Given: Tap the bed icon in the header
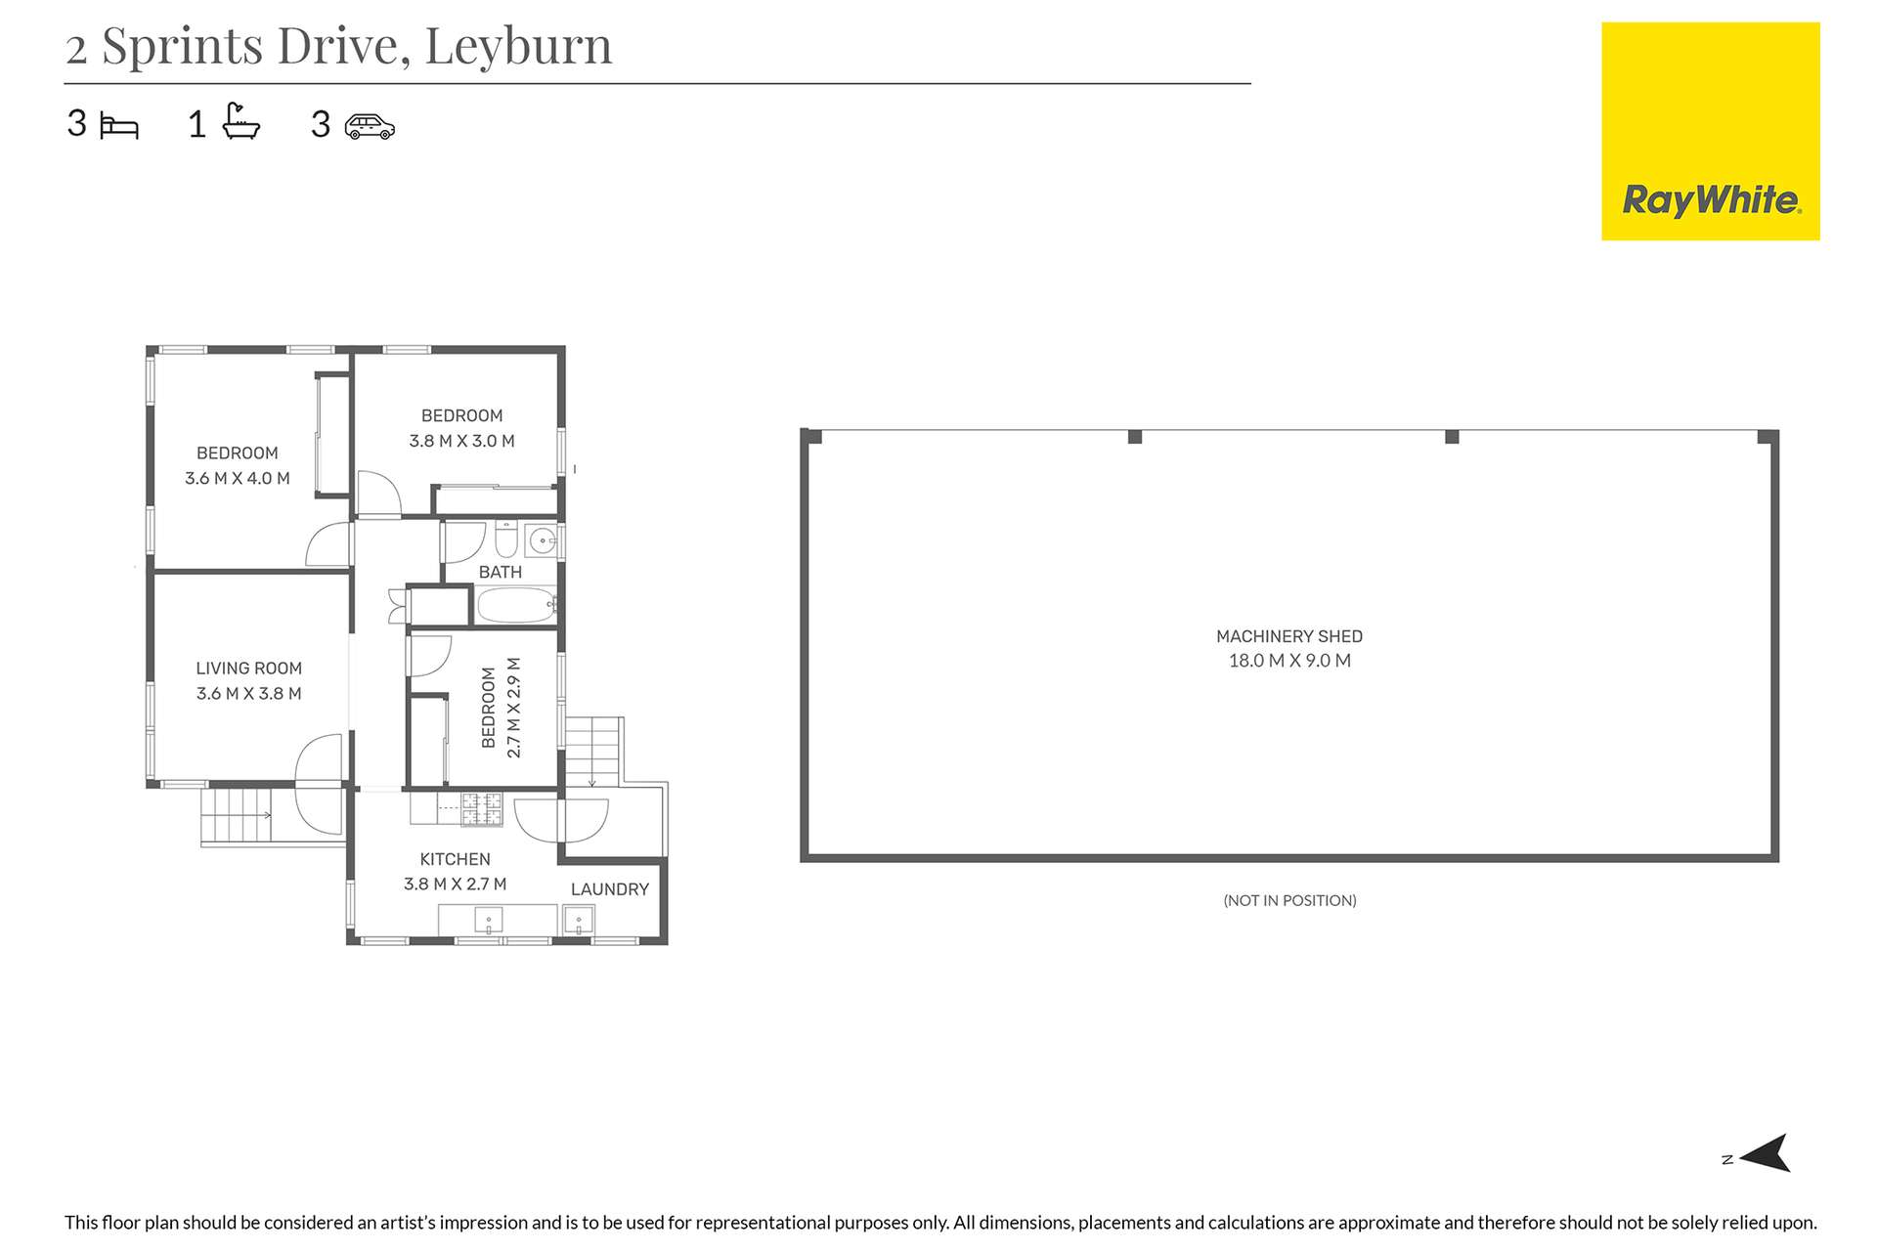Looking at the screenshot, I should (119, 127).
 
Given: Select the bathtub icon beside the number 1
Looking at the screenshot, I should (240, 122).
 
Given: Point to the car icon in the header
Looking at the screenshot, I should (370, 127).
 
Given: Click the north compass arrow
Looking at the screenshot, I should (1766, 1153).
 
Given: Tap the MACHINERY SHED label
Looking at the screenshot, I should (1288, 636).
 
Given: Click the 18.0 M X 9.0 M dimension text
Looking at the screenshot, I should (1288, 661).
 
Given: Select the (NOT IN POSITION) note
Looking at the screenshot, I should (1289, 900).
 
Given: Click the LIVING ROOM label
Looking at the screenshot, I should (248, 669).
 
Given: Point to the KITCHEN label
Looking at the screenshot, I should (455, 859).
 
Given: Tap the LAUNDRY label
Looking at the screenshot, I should (609, 889).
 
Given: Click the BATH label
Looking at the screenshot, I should (500, 572).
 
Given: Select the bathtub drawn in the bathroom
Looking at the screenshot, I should (515, 606).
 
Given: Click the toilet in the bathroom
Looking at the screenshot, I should (506, 539).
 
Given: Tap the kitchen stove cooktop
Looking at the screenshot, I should (482, 808).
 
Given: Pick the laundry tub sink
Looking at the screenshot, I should (579, 921).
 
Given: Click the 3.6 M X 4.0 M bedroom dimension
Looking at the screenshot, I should (238, 478).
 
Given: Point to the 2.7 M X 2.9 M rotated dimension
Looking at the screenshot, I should (514, 708).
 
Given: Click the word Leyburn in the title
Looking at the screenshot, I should (518, 46).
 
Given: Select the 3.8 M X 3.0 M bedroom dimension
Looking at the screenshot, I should (461, 441).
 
